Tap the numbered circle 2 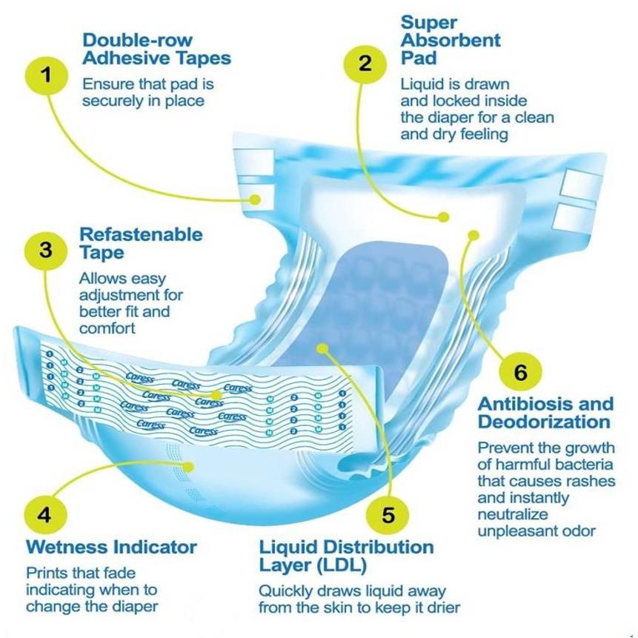point(365,63)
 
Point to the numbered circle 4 point(44,514)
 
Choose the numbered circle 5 point(388,514)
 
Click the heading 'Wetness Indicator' point(111,548)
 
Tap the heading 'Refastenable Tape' point(141,244)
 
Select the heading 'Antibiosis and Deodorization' point(545,413)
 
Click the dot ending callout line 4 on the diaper point(191,466)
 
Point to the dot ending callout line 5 point(321,347)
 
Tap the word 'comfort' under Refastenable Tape point(107,328)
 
